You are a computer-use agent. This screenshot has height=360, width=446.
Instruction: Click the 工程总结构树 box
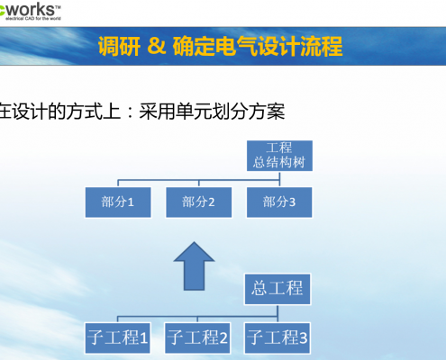point(279,156)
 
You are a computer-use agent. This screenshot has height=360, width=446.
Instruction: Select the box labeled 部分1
point(118,202)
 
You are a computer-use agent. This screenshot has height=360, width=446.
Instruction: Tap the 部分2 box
point(199,202)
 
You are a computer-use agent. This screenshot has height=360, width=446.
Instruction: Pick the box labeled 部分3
point(279,202)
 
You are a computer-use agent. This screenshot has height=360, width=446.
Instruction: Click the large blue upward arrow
point(194,265)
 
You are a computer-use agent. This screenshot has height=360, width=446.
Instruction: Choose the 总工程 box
point(278,289)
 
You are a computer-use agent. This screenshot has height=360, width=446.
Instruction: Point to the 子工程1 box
point(118,338)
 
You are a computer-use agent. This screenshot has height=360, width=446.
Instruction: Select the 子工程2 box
point(197,338)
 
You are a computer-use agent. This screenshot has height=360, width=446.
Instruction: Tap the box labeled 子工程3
point(278,338)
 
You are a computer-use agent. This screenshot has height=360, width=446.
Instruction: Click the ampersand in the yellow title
point(157,46)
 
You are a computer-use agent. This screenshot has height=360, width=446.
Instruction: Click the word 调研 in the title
point(119,46)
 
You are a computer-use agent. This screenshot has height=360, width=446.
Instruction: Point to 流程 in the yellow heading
point(322,46)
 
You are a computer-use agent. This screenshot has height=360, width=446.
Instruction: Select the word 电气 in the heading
point(236,46)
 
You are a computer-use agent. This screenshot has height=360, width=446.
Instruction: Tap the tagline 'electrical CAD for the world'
point(33,19)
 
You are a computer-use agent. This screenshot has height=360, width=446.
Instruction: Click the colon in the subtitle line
point(130,112)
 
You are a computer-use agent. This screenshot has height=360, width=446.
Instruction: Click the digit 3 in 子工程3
point(303,338)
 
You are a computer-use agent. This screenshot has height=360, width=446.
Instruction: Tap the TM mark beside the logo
point(58,7)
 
